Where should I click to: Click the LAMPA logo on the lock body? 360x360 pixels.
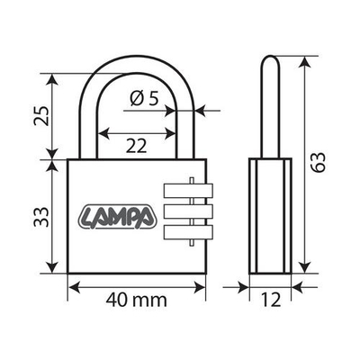(x=118, y=217)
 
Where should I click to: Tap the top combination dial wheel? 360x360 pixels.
(x=184, y=191)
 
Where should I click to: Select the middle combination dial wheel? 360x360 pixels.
(x=184, y=212)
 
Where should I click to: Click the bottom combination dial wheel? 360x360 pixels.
(x=184, y=234)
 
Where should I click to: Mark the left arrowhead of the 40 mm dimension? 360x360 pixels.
(x=73, y=287)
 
